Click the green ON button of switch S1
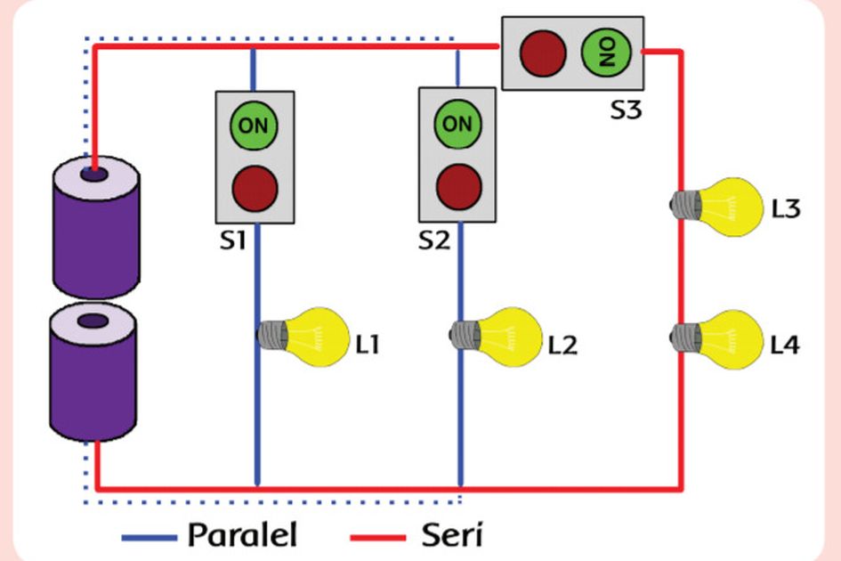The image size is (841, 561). tap(254, 126)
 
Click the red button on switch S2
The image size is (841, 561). tap(458, 186)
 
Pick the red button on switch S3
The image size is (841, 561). tap(543, 53)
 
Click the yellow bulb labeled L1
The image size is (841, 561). tap(311, 336)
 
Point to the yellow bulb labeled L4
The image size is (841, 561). tap(725, 337)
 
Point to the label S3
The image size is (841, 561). tap(627, 111)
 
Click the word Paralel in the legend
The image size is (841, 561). tap(242, 536)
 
